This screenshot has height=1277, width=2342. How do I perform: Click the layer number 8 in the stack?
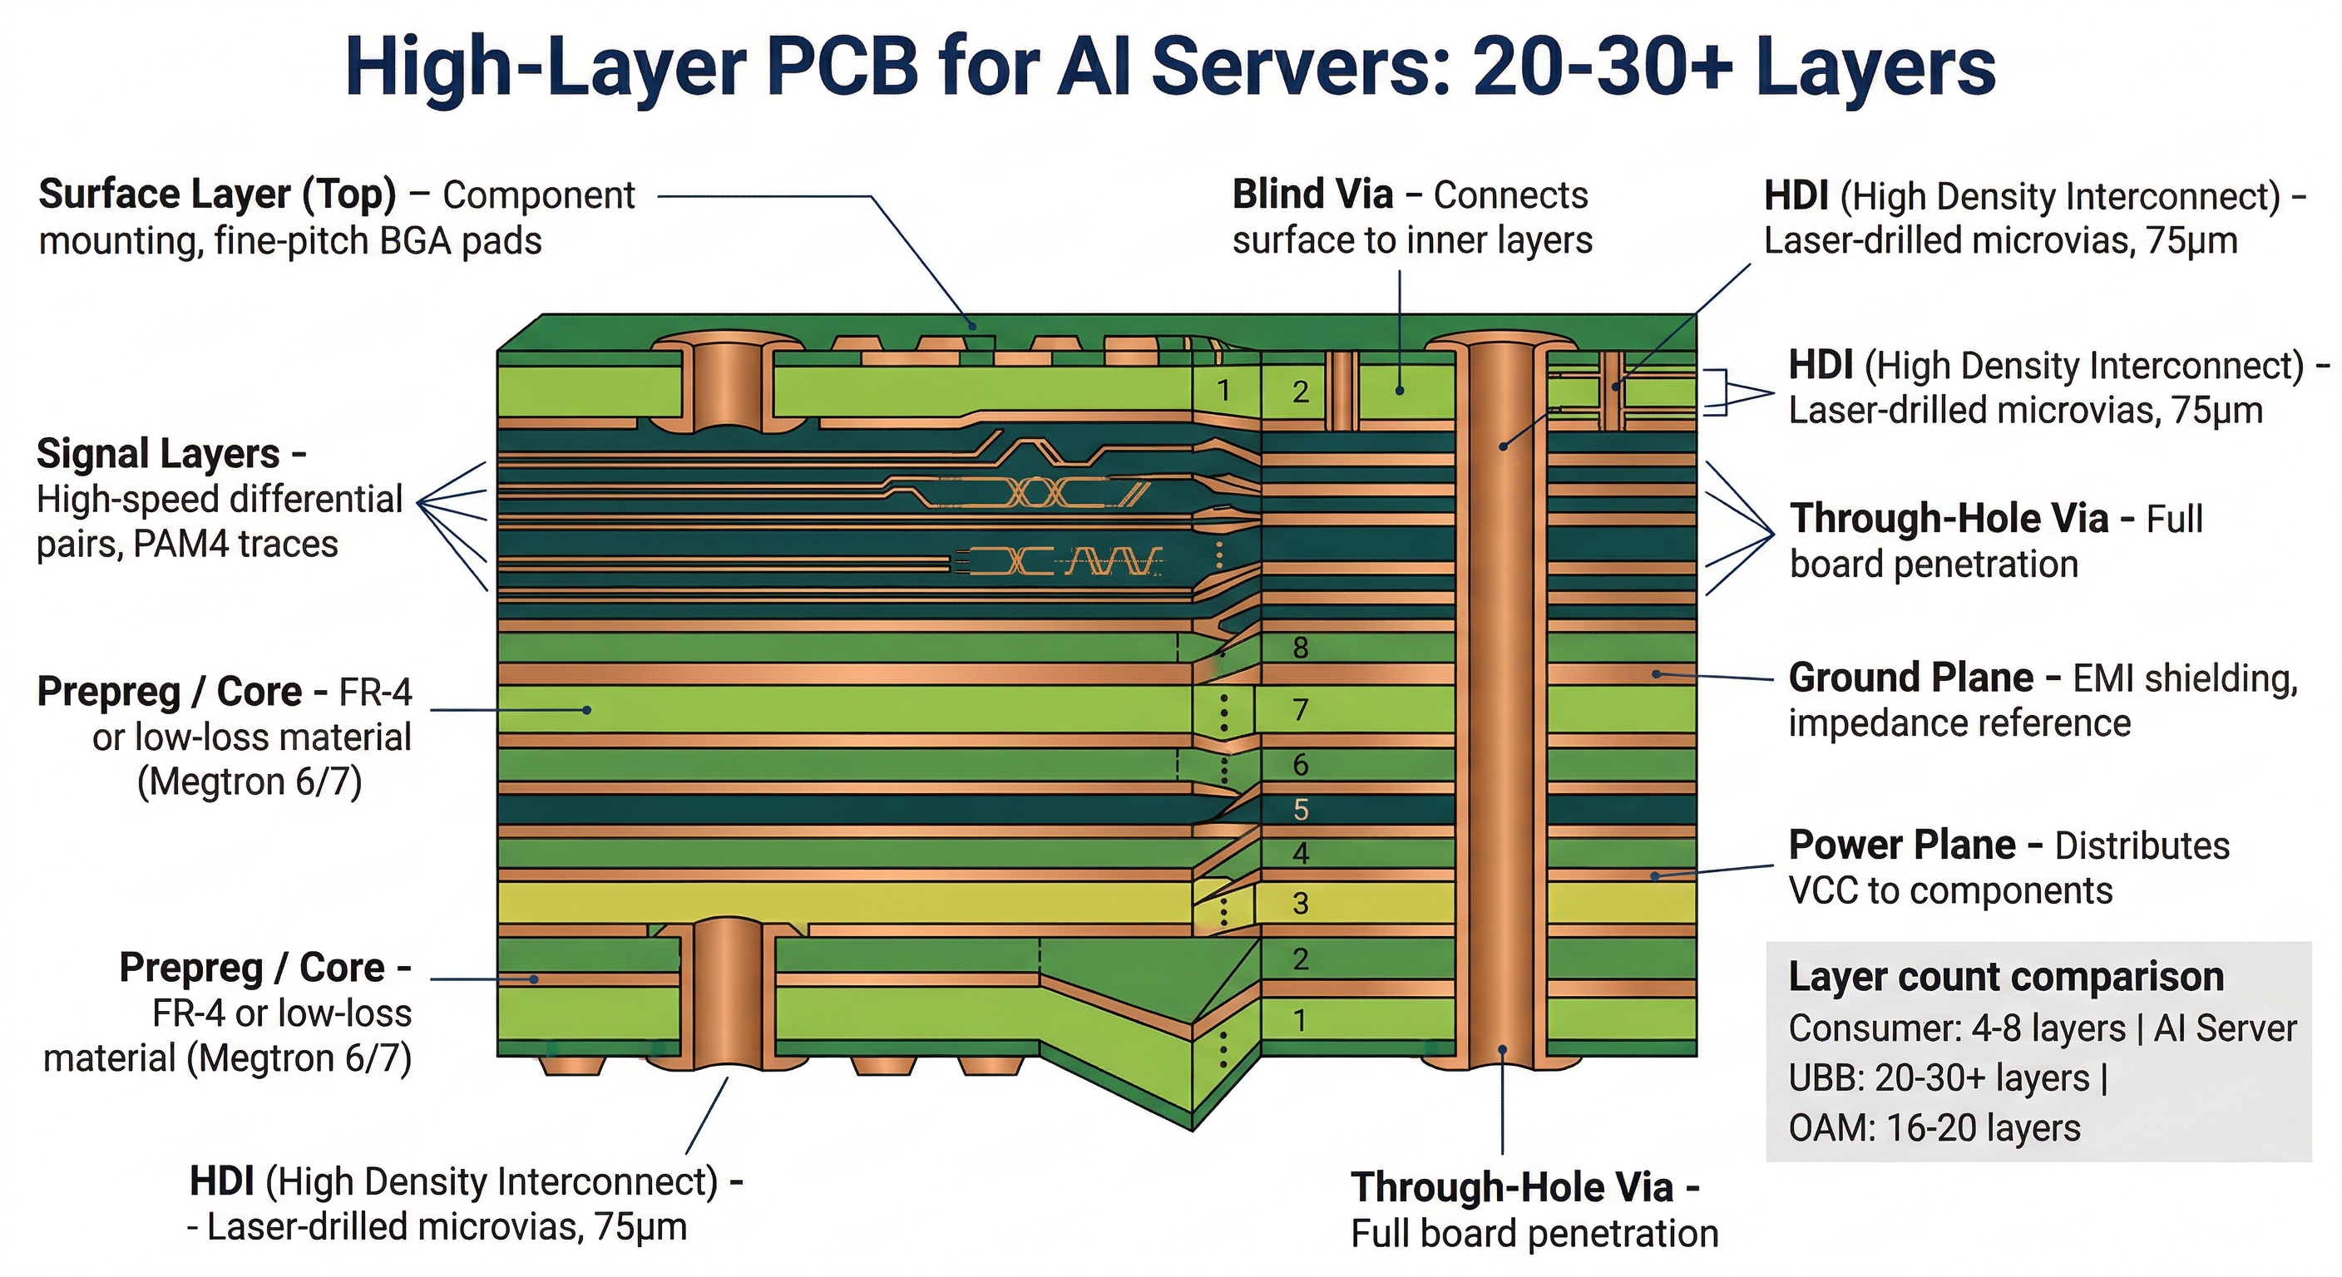coord(1300,647)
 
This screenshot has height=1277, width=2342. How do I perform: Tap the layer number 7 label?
coord(1300,709)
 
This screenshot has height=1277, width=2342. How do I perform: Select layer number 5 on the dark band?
coord(1300,809)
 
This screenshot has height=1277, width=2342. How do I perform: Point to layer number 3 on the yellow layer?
coord(1300,903)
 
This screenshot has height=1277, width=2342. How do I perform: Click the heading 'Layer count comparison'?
coord(2006,976)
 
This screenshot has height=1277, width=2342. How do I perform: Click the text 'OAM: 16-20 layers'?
coord(1934,1128)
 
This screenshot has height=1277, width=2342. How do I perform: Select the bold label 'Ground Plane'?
coord(1910,678)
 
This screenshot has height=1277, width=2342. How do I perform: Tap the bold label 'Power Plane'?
coord(1901,846)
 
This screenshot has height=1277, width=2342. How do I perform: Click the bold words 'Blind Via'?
coord(1312,195)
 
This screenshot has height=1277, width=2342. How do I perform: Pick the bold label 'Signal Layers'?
coord(158,454)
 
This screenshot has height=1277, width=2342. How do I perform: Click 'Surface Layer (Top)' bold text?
coord(217,195)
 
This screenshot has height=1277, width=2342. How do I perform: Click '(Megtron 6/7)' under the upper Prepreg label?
coord(250,781)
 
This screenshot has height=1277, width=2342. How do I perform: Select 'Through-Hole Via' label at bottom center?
coord(1511,1187)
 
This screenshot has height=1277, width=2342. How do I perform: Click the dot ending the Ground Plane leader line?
coord(1657,674)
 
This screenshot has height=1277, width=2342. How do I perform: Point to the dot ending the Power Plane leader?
coord(1656,876)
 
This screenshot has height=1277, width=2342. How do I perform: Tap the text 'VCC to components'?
coord(1950,890)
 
